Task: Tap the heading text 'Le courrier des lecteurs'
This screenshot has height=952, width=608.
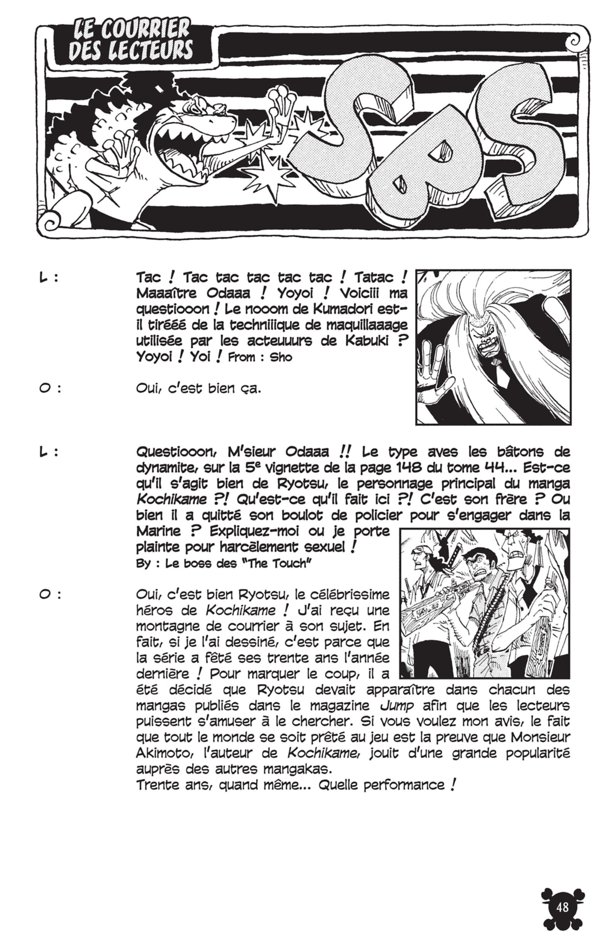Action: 131,41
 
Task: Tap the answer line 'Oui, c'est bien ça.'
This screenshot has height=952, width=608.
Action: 198,389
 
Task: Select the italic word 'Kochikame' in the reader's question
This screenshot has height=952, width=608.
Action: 171,500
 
